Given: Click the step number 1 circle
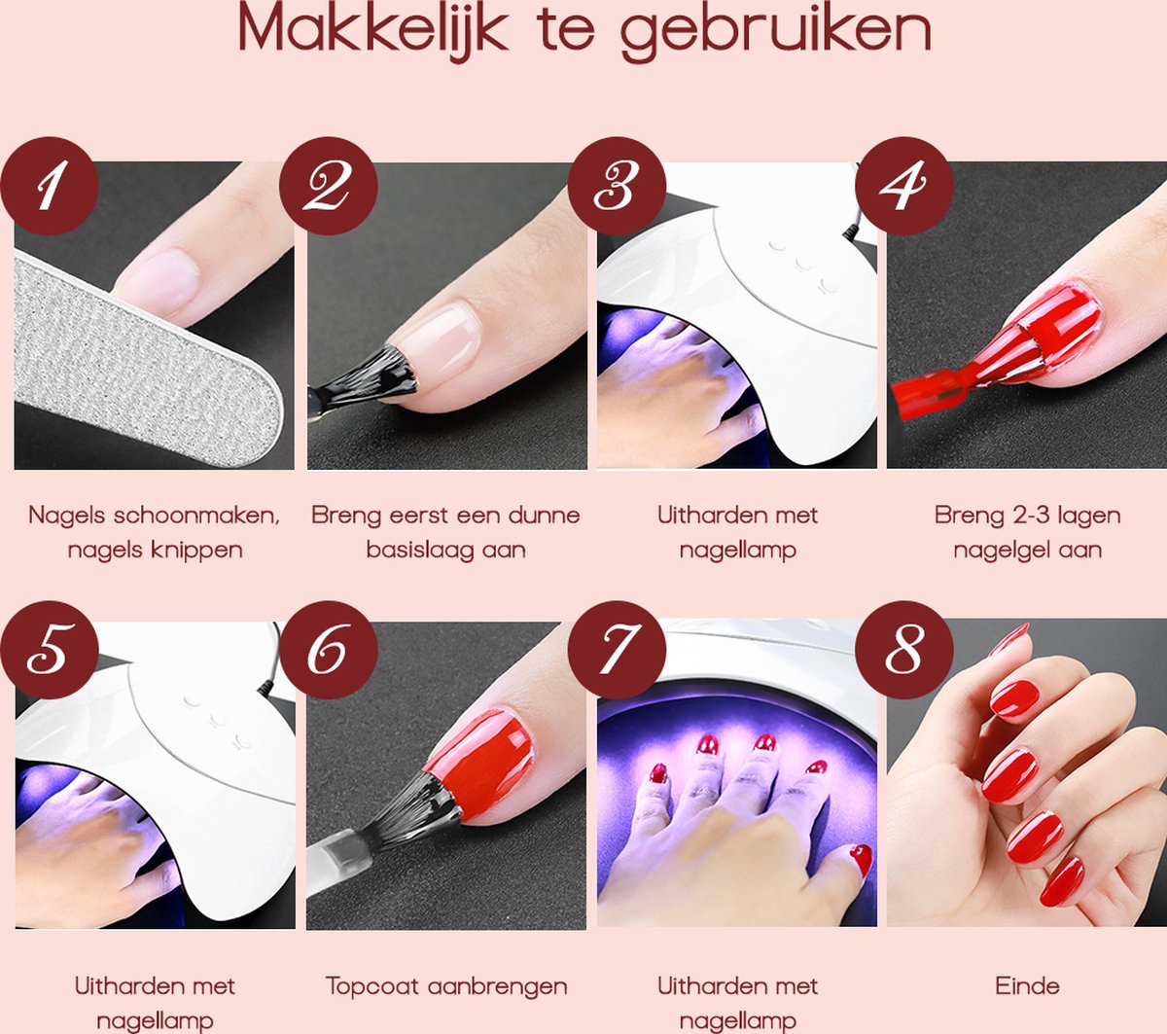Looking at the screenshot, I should point(50,186).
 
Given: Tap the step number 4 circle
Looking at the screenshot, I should point(903,186).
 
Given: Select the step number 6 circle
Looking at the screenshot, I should point(328,649).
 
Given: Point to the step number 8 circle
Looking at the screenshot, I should point(903,649).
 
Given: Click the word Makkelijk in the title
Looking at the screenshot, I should point(373,32).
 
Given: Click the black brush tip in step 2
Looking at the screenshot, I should point(374,374).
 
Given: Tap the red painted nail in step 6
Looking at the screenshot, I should point(486,749).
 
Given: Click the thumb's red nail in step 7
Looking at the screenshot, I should point(860,859).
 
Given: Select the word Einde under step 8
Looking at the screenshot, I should point(1027,985).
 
